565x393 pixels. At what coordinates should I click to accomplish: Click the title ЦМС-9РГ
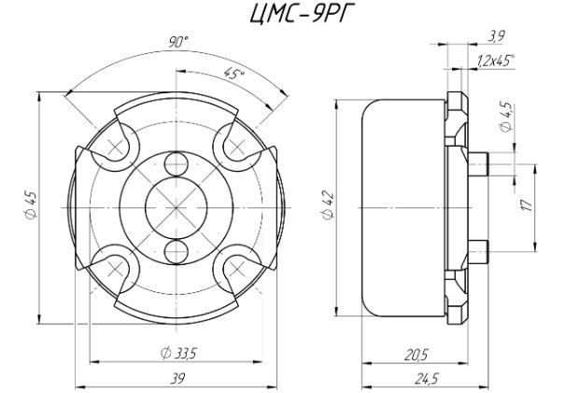coord(300,15)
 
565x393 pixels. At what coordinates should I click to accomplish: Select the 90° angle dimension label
coord(178,43)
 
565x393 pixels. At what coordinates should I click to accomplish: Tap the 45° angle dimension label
coord(233,73)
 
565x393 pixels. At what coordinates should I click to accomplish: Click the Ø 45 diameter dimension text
coord(31,205)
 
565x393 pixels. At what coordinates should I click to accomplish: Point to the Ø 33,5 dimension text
coord(178,354)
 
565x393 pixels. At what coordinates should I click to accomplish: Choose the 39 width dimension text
coord(177,379)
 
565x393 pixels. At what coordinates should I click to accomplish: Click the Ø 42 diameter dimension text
coord(329,205)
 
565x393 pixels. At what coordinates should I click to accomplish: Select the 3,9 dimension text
coord(496,36)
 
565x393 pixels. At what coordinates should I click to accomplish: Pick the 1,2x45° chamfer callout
coord(496,61)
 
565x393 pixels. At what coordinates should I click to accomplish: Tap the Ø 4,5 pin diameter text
coord(506,117)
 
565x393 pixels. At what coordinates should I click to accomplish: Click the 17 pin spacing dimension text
coord(527,205)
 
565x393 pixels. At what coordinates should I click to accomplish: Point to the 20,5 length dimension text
coord(416,356)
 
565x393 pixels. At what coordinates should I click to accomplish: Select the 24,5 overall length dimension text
coord(427,379)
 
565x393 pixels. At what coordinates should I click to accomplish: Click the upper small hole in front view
coord(177,164)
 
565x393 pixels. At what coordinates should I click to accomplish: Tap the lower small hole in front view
coord(177,251)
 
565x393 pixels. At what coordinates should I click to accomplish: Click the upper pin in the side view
coord(478,164)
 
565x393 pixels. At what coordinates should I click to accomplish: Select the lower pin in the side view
coord(478,251)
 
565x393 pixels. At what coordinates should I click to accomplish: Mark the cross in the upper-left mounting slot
coord(115,147)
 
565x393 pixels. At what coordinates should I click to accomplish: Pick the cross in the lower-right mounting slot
coord(236,268)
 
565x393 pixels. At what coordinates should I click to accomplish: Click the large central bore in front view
coord(177,208)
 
